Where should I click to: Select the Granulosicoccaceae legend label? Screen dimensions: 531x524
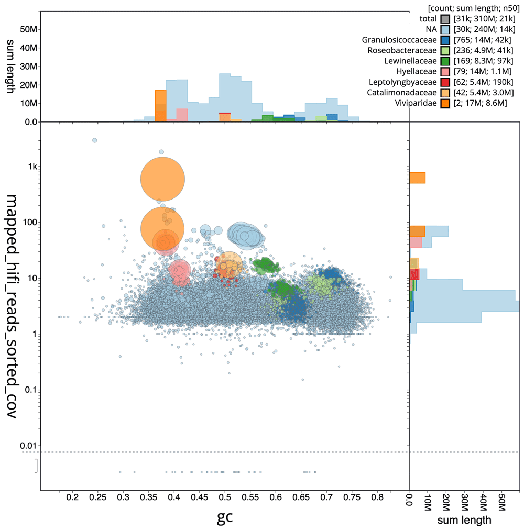[399, 40]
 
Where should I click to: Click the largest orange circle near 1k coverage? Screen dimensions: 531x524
[162, 179]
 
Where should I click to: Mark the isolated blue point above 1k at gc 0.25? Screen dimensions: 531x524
[95, 140]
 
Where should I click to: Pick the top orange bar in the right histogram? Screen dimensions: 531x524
[417, 178]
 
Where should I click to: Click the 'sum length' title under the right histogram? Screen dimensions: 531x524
[465, 520]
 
